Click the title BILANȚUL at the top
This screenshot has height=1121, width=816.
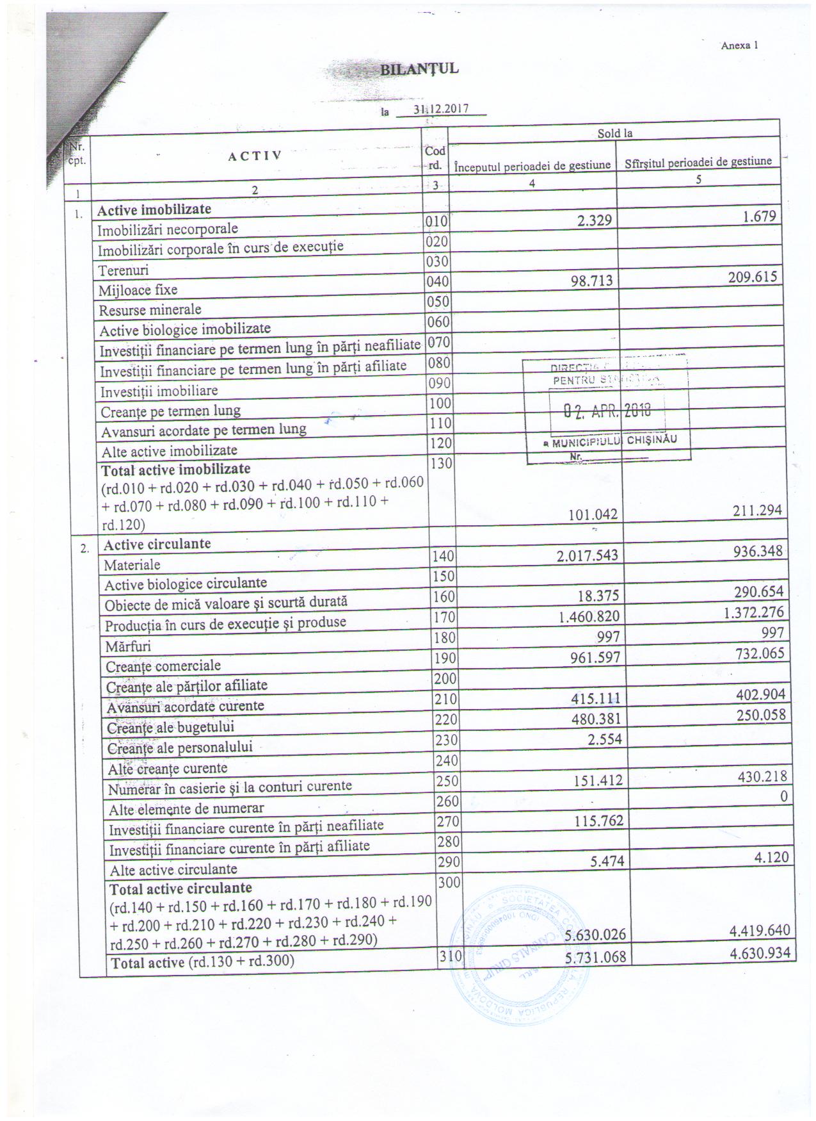coord(419,69)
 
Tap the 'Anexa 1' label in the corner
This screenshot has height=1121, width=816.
coord(739,45)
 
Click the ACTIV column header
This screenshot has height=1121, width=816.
coord(255,155)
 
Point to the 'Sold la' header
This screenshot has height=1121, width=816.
coord(614,133)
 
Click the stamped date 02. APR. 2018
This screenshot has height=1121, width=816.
coord(606,411)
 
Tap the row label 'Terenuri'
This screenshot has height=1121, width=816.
coord(124,270)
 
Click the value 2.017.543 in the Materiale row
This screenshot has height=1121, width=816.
coord(588,554)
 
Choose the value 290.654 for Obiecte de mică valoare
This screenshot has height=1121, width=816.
coord(758,591)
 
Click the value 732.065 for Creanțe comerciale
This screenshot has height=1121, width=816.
coord(758,653)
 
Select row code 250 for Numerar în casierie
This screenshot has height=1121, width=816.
coord(446,781)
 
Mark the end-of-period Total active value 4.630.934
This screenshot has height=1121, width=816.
coord(760,953)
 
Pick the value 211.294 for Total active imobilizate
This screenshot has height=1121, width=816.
coord(758,511)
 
